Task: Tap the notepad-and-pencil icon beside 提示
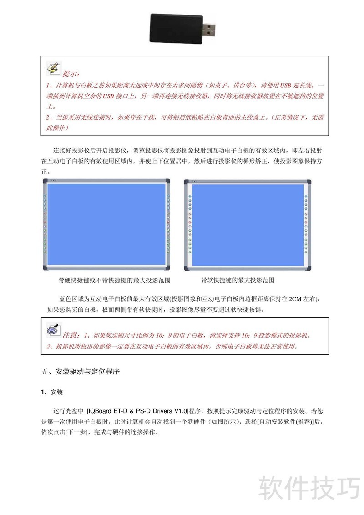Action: [53, 69]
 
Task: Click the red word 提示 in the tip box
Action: [71, 74]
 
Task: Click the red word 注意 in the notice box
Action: [71, 335]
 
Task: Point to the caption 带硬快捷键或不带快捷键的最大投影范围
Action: [114, 280]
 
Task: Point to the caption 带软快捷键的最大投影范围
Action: [238, 280]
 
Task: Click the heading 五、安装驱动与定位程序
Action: [81, 371]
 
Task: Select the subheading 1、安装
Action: [52, 392]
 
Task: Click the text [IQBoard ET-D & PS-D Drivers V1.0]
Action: [137, 410]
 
